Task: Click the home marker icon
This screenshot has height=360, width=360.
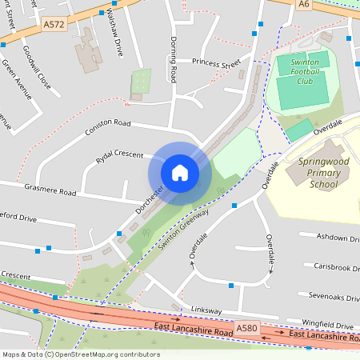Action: [x=180, y=172]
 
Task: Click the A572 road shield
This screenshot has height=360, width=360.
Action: [x=54, y=25]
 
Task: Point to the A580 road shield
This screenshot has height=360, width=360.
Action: [x=247, y=329]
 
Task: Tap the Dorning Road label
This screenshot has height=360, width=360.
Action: [x=173, y=59]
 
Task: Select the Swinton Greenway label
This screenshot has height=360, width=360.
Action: [x=183, y=232]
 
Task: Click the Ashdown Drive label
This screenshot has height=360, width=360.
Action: [x=336, y=238]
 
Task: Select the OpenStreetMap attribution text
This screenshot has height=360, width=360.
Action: [x=82, y=354]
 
